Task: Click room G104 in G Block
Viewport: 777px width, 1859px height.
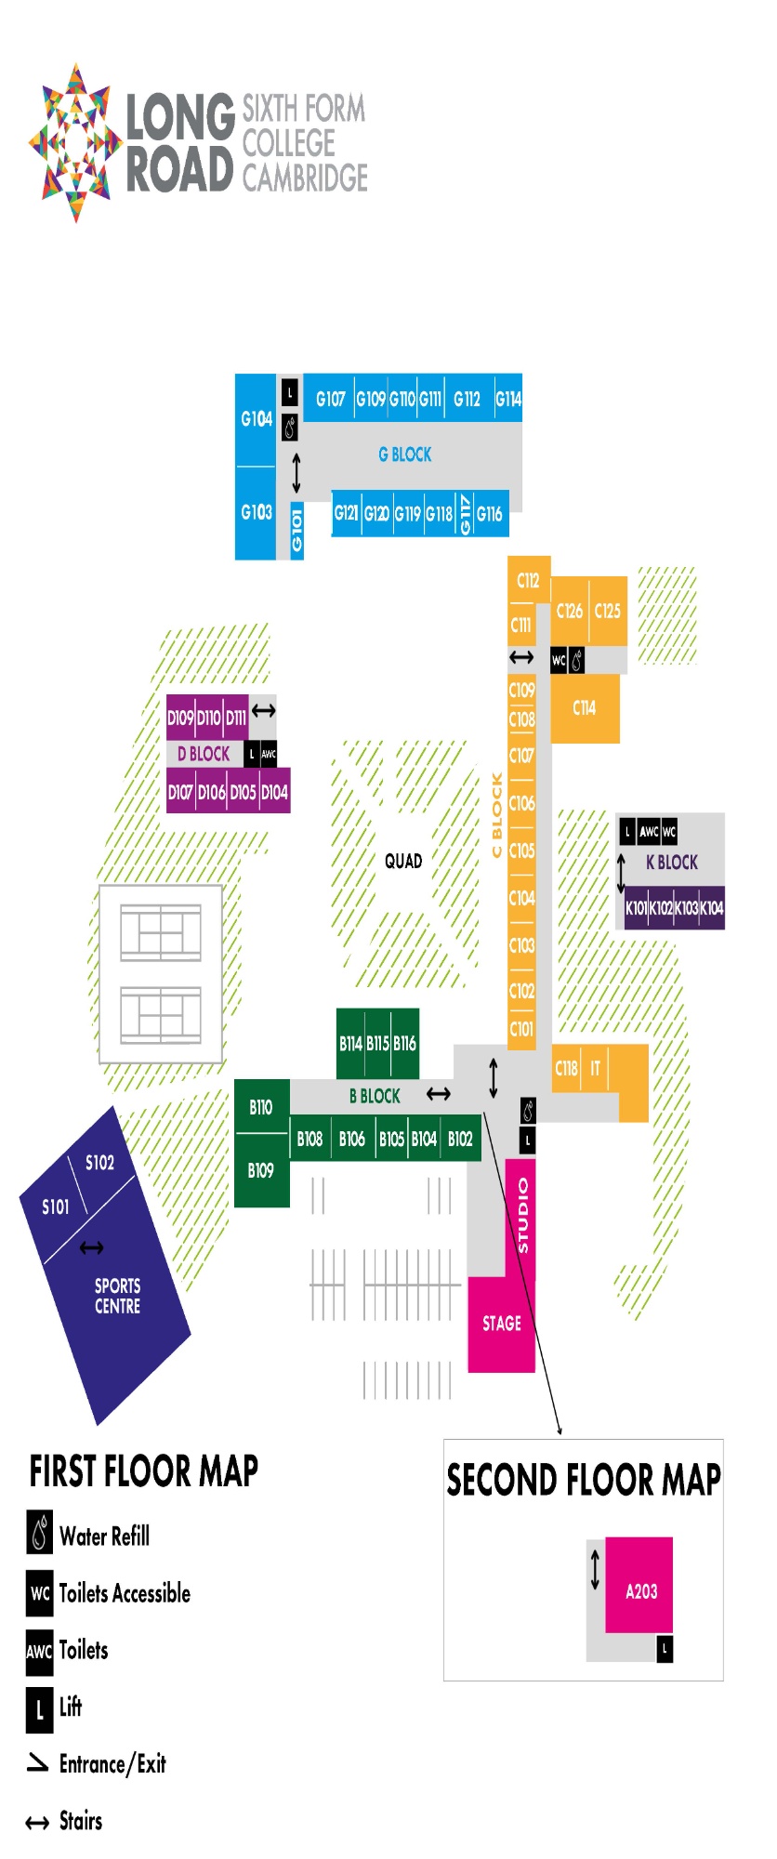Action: [256, 420]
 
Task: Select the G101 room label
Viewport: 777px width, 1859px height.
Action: [297, 531]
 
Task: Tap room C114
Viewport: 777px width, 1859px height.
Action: [585, 708]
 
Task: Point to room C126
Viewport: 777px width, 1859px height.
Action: [570, 612]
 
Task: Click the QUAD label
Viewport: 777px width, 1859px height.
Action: [403, 862]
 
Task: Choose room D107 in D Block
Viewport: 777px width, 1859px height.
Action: [180, 793]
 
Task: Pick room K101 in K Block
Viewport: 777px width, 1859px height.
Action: [636, 908]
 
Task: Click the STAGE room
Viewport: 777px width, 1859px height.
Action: [501, 1325]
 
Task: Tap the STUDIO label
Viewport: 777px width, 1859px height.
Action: [522, 1216]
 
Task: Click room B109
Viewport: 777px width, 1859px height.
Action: [261, 1171]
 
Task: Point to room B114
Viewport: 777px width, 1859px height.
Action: [350, 1044]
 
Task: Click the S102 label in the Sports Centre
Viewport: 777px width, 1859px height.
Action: [99, 1163]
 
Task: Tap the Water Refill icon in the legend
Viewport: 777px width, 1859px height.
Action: [40, 1534]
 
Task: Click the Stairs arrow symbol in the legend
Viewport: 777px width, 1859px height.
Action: [37, 1823]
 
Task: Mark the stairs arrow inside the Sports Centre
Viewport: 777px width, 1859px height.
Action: [91, 1248]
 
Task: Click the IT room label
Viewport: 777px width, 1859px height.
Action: [595, 1069]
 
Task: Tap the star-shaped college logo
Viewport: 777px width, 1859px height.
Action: [75, 143]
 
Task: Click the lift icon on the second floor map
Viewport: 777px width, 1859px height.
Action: [665, 1649]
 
